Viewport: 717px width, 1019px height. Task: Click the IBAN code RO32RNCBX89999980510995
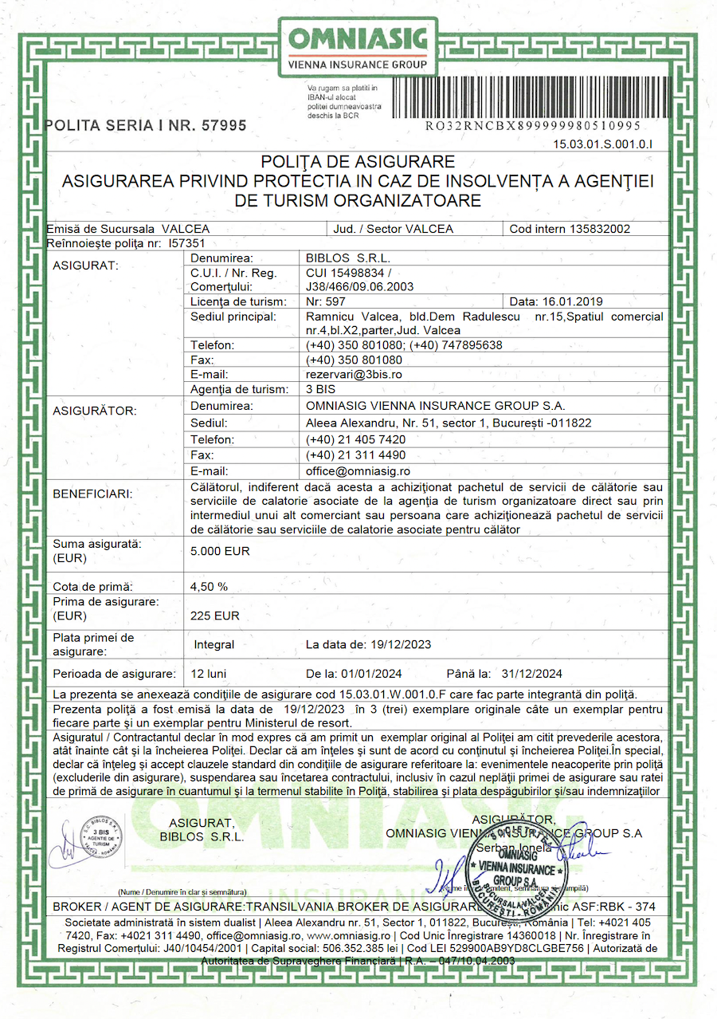(x=533, y=126)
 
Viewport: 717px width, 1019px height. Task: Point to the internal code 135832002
(x=600, y=229)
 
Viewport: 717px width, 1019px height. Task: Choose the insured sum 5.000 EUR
(x=221, y=551)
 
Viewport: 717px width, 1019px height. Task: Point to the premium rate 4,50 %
(x=210, y=586)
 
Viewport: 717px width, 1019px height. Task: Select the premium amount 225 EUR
(x=215, y=616)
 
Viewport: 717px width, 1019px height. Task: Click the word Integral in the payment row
(x=214, y=644)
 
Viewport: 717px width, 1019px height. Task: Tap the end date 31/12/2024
(x=532, y=673)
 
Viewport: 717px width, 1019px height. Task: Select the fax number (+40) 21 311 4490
(x=355, y=454)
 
